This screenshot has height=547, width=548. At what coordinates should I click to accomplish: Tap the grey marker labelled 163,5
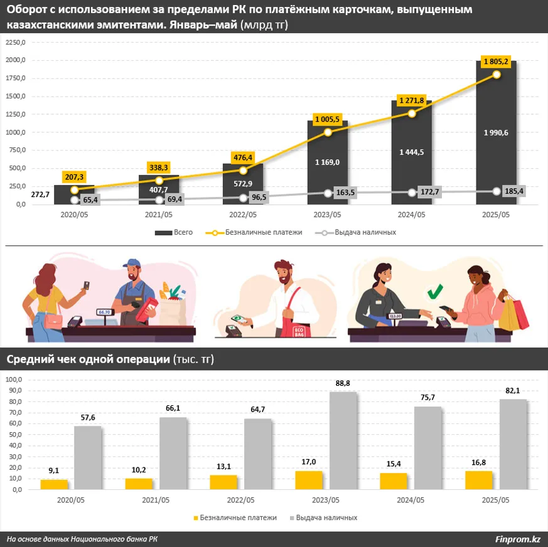point(328,193)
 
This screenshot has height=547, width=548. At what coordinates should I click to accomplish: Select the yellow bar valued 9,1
point(54,484)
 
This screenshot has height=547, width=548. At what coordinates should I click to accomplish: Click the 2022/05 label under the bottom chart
point(241,500)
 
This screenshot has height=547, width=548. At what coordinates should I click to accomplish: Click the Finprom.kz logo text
point(518,539)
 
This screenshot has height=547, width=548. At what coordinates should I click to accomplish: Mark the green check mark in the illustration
point(434,292)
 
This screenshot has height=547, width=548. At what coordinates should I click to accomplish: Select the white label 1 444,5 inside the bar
point(411,152)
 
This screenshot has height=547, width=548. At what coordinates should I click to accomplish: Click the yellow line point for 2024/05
point(411,114)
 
